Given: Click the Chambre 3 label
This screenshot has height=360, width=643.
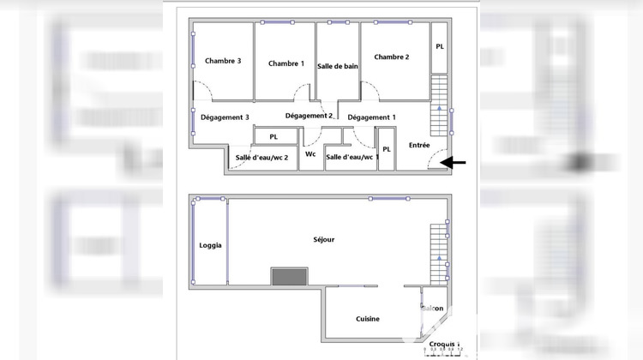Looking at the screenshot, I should click(223, 61).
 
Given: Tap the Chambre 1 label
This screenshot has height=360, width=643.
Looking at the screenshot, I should click(285, 63).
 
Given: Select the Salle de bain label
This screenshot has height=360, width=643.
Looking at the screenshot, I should click(338, 66).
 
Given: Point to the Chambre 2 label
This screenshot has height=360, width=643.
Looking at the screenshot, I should click(391, 57).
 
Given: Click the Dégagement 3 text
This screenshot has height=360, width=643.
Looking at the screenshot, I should click(225, 117).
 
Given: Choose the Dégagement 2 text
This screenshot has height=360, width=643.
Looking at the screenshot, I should click(309, 116).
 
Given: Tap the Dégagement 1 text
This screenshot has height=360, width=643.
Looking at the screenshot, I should click(372, 117).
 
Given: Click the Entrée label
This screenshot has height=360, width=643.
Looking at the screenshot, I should click(419, 146).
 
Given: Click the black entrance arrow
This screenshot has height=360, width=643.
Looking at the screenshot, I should click(456, 162).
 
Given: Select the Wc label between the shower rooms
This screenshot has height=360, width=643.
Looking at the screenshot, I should click(310, 155).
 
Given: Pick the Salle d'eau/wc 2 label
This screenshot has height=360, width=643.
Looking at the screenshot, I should click(261, 157).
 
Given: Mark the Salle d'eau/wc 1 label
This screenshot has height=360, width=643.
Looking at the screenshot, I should click(352, 157).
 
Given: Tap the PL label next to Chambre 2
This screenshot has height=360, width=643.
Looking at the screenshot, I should click(439, 47).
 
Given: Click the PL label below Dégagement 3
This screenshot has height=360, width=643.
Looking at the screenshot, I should click(273, 137).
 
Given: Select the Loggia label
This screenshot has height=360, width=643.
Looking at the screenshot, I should click(210, 245).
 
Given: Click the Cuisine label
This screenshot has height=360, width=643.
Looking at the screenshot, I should click(368, 319).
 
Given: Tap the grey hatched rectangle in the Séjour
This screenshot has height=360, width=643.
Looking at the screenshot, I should click(289, 276).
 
